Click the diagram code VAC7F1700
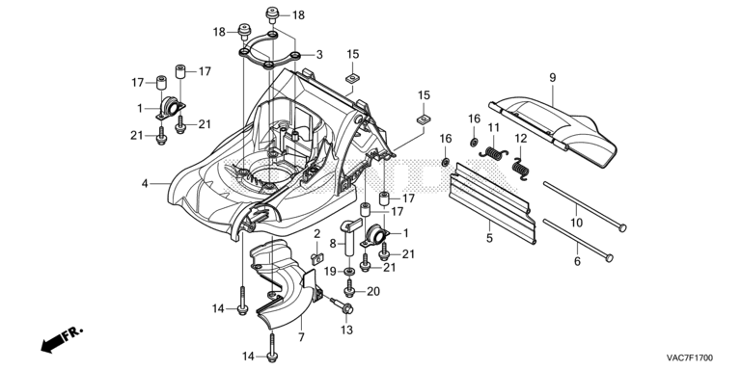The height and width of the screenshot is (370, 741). pos(690,357)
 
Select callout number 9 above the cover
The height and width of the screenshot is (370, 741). pos(553,78)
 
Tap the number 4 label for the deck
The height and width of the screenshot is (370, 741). pos(145,183)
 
